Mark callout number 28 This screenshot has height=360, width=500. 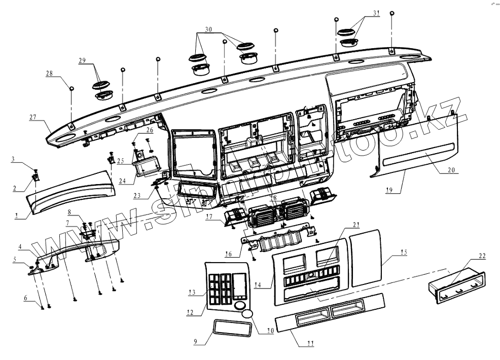pos(49,74)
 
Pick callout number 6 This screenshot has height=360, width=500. pos(26,298)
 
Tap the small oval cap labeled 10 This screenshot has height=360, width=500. pos(246,314)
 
